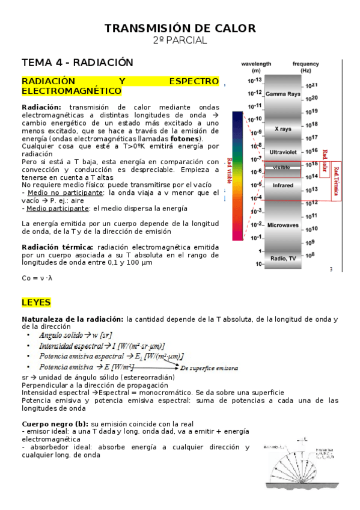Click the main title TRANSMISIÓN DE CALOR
[180, 28]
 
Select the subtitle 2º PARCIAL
[180, 40]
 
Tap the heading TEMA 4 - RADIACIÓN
[77, 63]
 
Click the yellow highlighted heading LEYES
[36, 302]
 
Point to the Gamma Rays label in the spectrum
[282, 94]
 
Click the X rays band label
[282, 129]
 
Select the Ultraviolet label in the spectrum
[282, 152]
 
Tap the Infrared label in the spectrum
[282, 185]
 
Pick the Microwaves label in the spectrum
[282, 225]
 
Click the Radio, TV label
[282, 258]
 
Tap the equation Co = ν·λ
[37, 278]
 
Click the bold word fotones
[185, 139]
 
